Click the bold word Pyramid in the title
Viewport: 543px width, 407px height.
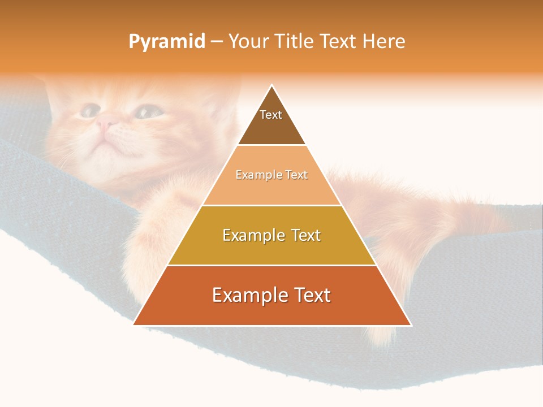coord(166,42)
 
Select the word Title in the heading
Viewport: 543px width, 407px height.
coord(295,41)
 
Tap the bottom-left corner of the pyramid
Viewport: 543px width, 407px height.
coord(135,324)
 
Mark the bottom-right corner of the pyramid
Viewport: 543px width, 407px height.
coord(410,324)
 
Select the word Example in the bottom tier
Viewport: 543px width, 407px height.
coord(249,295)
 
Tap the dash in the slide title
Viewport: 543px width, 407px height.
coord(217,42)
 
